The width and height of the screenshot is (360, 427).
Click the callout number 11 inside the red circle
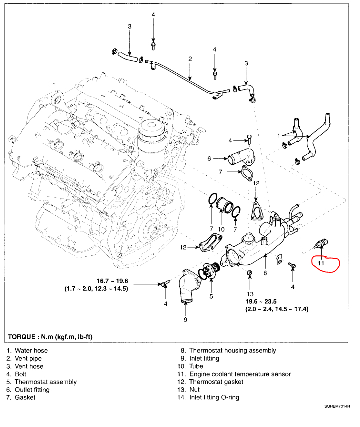320,261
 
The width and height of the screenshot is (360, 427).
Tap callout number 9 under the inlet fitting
185,318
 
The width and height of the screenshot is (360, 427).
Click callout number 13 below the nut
250,293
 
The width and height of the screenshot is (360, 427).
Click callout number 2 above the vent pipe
190,59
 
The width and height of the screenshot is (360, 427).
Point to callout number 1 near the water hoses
279,135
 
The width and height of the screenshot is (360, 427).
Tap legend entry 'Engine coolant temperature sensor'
240,374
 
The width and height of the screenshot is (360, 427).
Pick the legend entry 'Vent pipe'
28,359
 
